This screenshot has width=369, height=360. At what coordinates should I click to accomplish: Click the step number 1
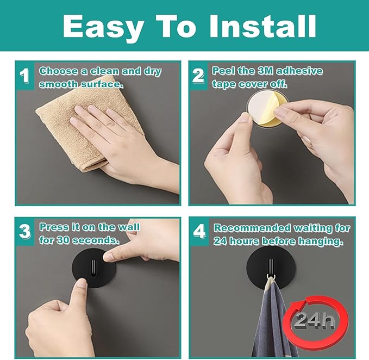click(24, 76)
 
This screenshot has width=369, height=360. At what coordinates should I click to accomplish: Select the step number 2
click(199, 76)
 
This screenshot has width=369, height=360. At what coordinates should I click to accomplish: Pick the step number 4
click(199, 232)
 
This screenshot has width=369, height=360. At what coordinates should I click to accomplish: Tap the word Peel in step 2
click(223, 71)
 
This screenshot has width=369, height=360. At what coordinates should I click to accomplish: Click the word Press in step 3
click(54, 227)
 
